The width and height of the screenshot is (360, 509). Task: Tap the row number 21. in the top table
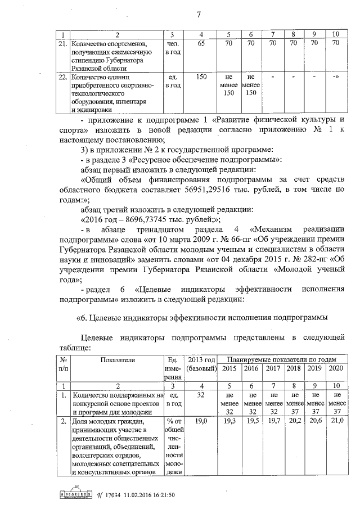(64, 43)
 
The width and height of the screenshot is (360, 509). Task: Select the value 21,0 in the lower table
(336, 420)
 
